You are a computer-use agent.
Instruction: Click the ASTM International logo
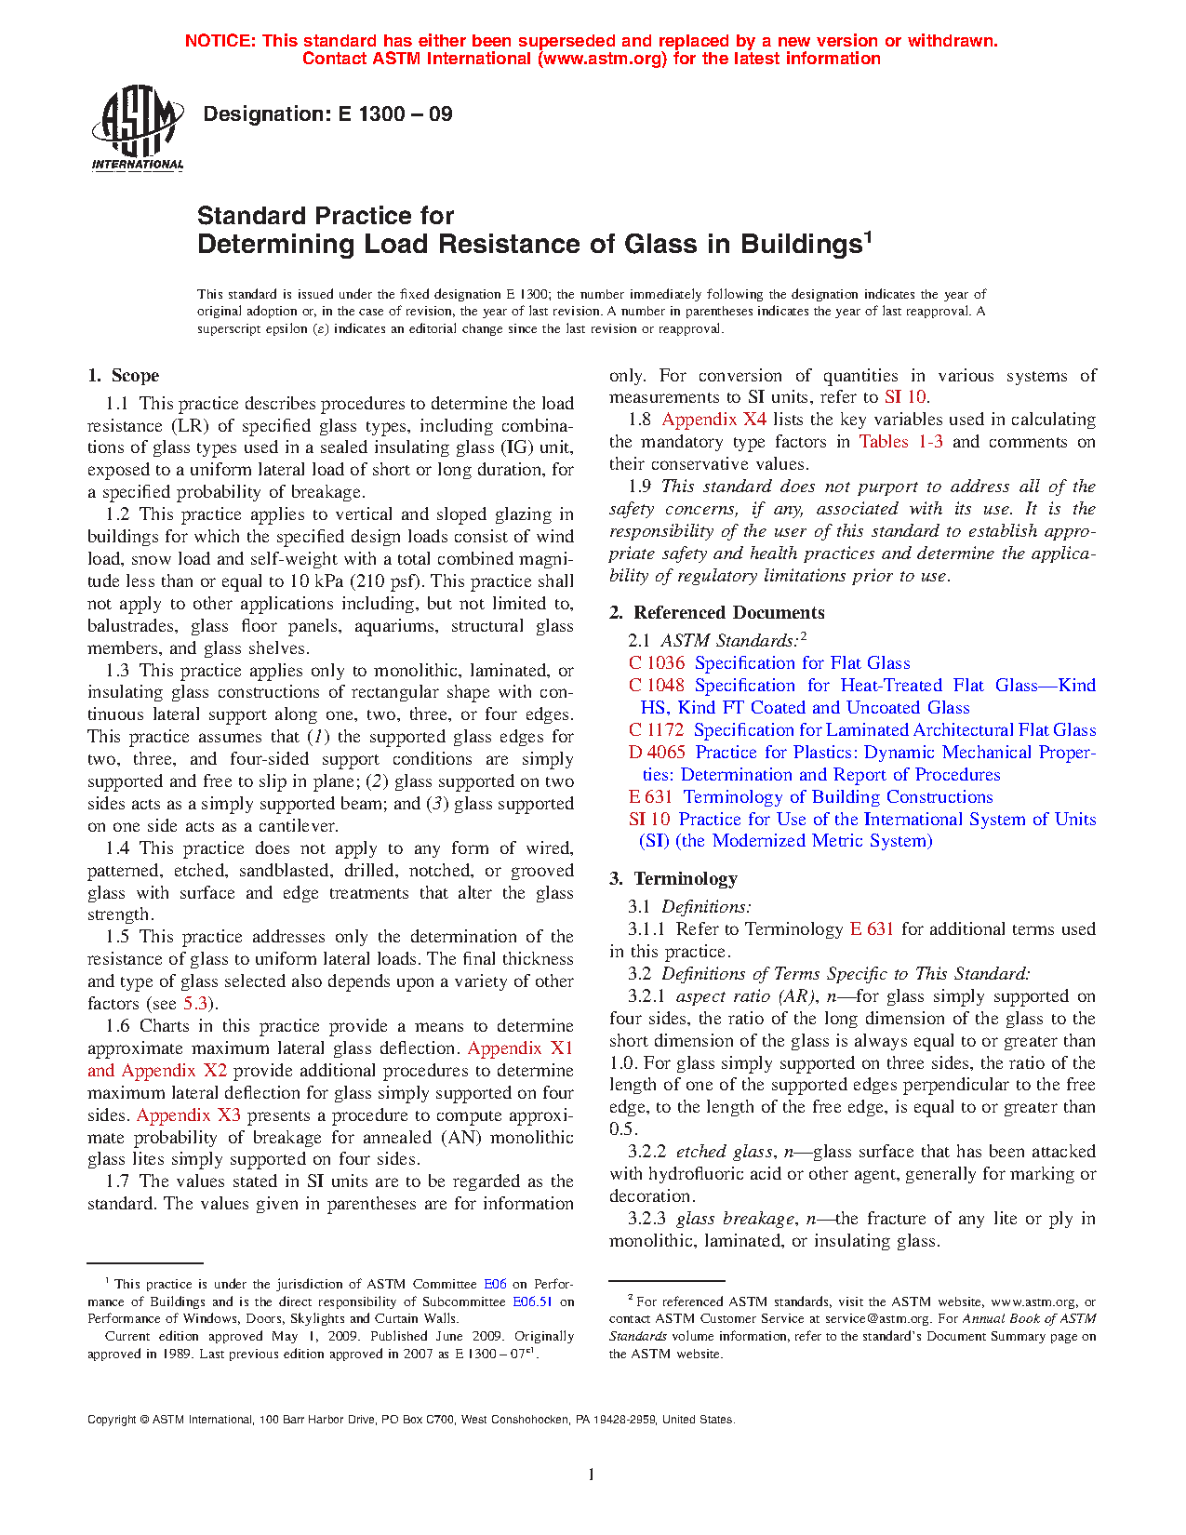(x=137, y=128)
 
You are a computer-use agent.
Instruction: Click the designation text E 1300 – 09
(x=327, y=114)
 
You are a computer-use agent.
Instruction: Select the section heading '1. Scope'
(x=123, y=376)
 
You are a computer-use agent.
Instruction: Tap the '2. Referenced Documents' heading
(x=716, y=613)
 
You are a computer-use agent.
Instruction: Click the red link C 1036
(x=657, y=663)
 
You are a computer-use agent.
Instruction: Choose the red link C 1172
(x=656, y=730)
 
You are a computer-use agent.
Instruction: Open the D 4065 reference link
(x=657, y=753)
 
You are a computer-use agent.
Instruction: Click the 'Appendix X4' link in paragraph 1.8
(x=713, y=420)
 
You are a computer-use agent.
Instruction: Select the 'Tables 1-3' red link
(x=900, y=442)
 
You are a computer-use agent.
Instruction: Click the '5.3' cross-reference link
(x=195, y=1004)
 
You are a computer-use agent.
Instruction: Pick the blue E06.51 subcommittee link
(x=532, y=1302)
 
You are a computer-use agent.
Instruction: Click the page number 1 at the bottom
(x=592, y=1475)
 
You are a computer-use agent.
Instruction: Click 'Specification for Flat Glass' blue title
(x=802, y=663)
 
